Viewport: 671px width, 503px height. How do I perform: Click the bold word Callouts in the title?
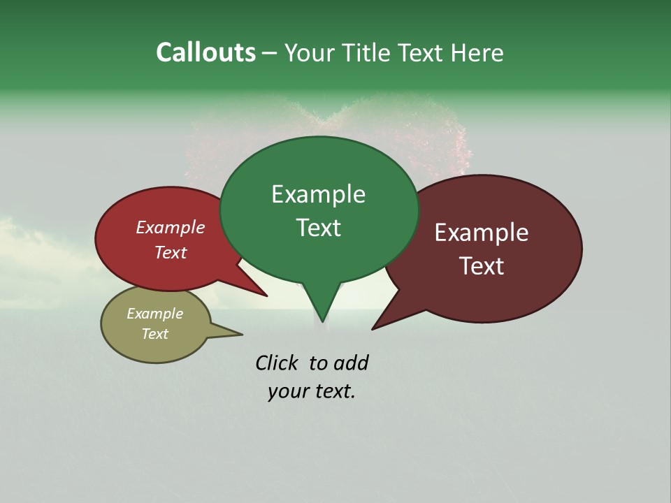point(205,53)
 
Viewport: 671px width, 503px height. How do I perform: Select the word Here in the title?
point(477,53)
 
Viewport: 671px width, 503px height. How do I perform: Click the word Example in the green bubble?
point(318,194)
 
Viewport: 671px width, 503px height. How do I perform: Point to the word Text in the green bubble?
point(318,228)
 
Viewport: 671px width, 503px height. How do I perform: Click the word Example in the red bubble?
point(171,227)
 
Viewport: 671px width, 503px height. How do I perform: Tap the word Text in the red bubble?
point(171,252)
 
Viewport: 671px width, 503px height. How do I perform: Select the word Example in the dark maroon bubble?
point(482,233)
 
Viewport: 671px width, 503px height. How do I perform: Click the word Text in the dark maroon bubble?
point(482,265)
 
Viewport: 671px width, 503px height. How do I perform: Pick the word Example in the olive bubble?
point(154,314)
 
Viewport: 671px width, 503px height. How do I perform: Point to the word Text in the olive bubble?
point(154,334)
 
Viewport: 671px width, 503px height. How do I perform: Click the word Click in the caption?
point(276,363)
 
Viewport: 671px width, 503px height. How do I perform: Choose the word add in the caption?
point(351,363)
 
